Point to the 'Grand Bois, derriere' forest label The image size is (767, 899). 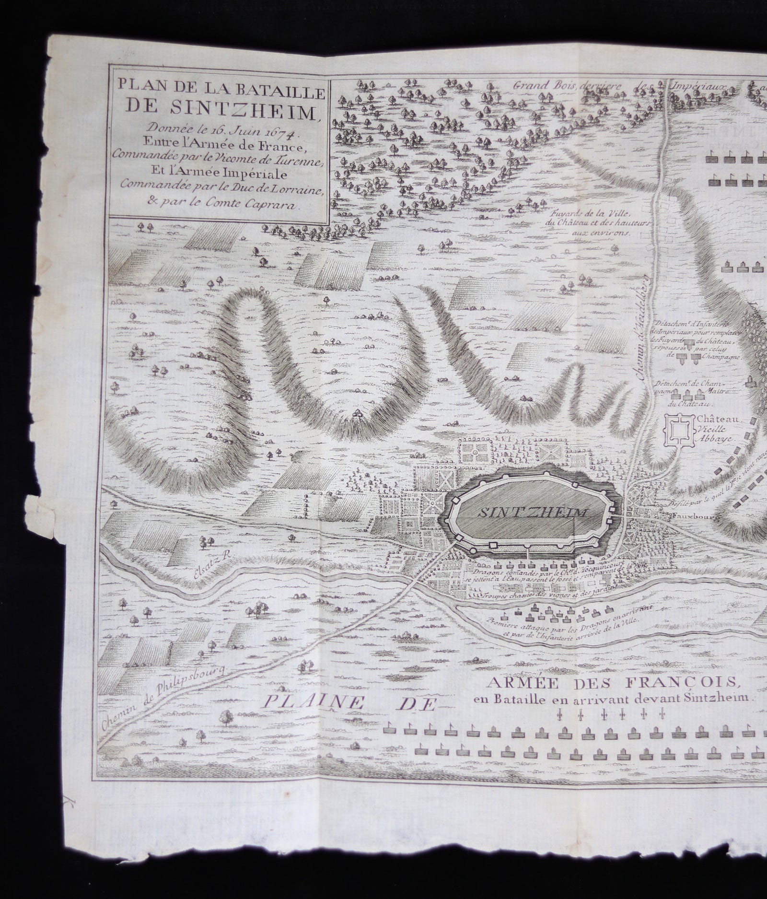point(568,86)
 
